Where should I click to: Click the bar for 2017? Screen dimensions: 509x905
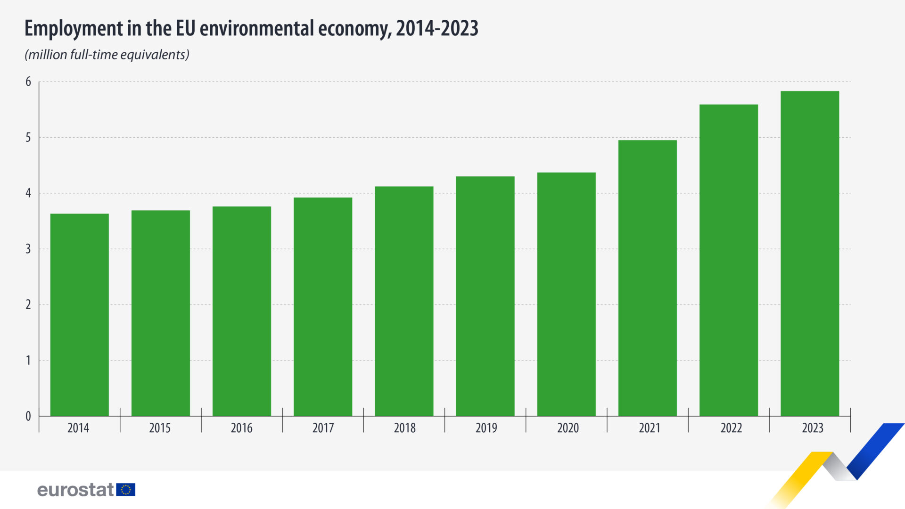click(323, 306)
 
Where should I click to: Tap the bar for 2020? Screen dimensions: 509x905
click(566, 294)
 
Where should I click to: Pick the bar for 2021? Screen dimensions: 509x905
click(647, 278)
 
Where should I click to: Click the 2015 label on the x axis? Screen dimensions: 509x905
click(160, 428)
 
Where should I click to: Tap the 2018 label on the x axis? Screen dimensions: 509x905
click(404, 428)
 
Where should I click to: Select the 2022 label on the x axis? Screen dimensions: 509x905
click(731, 428)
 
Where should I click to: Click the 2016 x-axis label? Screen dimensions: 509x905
click(241, 428)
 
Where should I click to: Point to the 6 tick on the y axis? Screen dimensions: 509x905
click(28, 82)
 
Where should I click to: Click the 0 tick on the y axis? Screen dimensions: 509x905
click(28, 416)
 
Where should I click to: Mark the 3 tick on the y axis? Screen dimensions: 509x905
click(28, 249)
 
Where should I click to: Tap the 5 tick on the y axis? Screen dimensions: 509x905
click(28, 138)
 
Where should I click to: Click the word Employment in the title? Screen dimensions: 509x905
click(74, 29)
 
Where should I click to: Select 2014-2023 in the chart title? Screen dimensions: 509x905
click(437, 28)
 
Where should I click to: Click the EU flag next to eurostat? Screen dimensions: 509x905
click(126, 490)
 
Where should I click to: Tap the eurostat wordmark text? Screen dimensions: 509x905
click(75, 490)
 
